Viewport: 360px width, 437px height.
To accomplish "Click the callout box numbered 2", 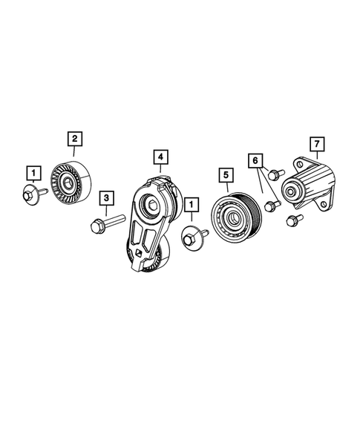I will [x=75, y=137].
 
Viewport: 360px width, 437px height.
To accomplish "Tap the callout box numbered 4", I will [x=160, y=157].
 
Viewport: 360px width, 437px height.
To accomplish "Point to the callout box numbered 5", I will [x=225, y=176].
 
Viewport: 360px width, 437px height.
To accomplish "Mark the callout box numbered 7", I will [x=317, y=142].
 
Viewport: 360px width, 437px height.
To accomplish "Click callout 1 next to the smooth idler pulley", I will [x=33, y=173].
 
